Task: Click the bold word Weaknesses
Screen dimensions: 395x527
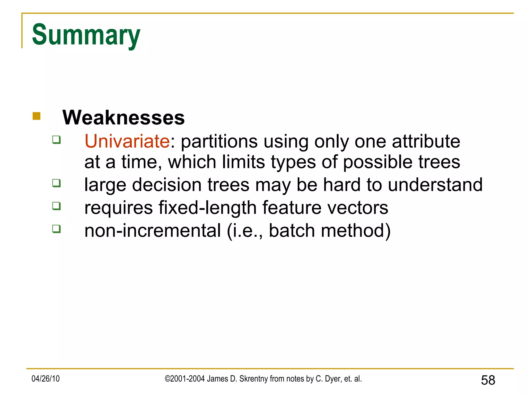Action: [x=124, y=118]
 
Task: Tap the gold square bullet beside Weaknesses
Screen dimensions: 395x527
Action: [x=37, y=116]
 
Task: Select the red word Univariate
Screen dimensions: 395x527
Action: [x=127, y=141]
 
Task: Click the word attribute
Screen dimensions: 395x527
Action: [x=426, y=141]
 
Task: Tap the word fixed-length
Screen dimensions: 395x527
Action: [x=207, y=208]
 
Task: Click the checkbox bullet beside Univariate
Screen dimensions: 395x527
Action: [x=56, y=140]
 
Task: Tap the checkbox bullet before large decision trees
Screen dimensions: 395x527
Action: [x=56, y=183]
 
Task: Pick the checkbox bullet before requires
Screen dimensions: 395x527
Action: [x=56, y=206]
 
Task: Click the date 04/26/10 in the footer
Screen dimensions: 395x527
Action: [x=46, y=379]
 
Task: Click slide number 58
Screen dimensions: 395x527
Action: [x=488, y=380]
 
